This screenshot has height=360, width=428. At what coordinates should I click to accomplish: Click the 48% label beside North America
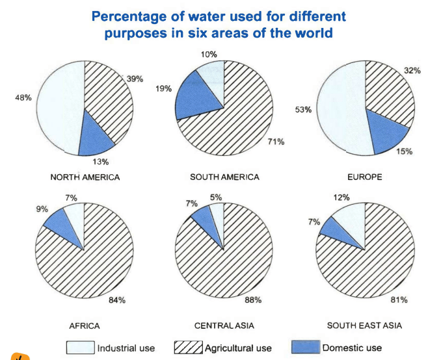click(23, 98)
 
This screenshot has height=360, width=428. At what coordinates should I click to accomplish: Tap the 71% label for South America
click(276, 141)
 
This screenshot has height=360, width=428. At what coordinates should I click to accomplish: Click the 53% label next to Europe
click(303, 110)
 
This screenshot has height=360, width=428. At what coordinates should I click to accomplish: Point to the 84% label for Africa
click(117, 300)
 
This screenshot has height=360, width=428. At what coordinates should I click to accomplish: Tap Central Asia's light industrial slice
click(217, 214)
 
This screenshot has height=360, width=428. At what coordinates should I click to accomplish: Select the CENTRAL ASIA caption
click(225, 325)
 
